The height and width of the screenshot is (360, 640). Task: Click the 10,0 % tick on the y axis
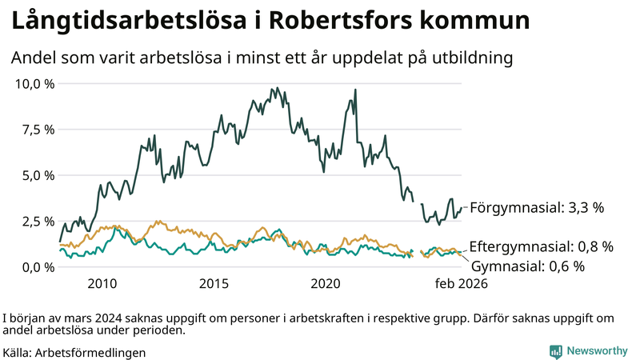click(34, 83)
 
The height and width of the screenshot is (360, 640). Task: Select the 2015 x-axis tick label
click(214, 284)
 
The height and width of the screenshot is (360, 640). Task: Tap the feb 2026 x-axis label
click(460, 284)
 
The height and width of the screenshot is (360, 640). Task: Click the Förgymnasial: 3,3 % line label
click(536, 208)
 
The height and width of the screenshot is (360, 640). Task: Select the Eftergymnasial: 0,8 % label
click(541, 246)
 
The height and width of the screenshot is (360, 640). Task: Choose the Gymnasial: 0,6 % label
click(528, 266)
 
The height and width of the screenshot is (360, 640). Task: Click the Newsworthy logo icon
click(555, 350)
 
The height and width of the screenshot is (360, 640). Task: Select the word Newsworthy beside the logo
click(597, 350)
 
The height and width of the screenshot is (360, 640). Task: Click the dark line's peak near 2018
click(277, 88)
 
